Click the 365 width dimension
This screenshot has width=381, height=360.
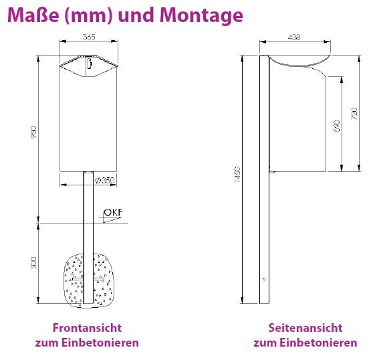(88, 37)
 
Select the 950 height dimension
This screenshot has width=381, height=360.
(33, 133)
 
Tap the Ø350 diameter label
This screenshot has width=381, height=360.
(105, 180)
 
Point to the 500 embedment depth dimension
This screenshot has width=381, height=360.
(33, 263)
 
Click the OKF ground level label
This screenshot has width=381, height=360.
(114, 213)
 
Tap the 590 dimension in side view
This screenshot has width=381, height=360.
(337, 125)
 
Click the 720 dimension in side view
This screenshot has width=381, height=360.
(354, 113)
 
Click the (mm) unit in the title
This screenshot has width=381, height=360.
(88, 15)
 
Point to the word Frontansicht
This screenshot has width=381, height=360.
(87, 328)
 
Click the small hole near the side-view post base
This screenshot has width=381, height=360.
(265, 279)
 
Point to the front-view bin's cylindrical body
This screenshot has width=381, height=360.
(88, 120)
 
